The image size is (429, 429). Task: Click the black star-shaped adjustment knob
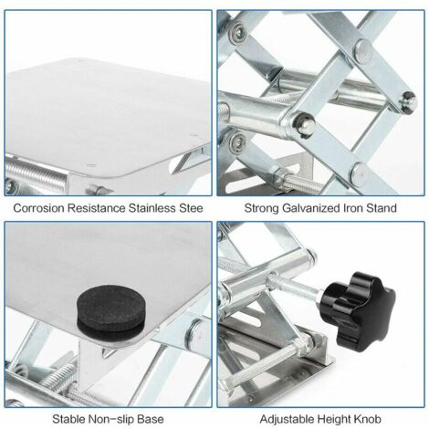point(358,311)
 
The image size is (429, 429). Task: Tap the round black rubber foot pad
point(111,312)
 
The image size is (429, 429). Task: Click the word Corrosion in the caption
point(38,208)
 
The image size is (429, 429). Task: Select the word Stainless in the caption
point(152,208)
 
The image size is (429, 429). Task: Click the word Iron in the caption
point(353,208)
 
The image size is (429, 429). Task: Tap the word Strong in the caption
point(262,209)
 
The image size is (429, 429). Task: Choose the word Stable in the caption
point(68,419)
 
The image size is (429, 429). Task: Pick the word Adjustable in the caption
point(287,419)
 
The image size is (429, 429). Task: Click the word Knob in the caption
point(367,419)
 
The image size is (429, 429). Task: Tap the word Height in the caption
point(333,419)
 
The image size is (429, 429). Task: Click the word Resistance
point(97,208)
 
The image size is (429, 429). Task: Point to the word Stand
point(382,208)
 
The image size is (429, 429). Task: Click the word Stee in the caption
point(190,208)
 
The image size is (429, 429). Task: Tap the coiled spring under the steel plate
point(36,176)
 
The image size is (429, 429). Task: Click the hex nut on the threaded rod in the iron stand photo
point(284,176)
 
